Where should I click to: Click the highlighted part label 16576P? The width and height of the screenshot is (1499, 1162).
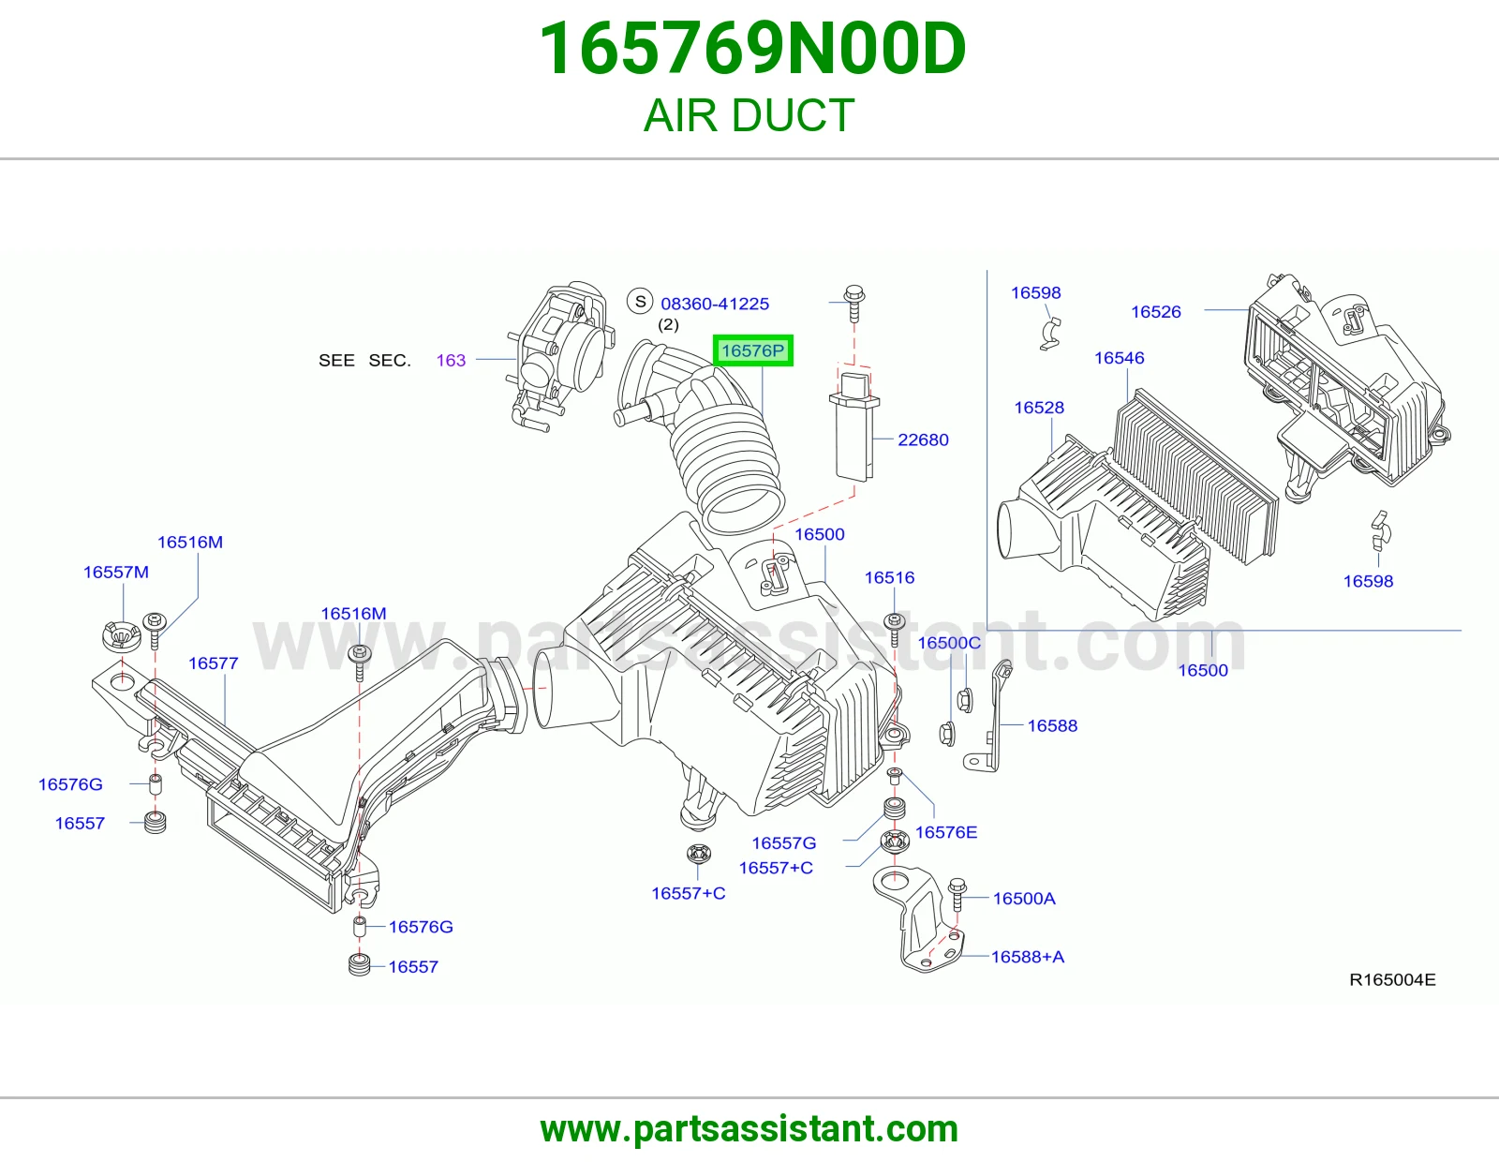[x=752, y=350]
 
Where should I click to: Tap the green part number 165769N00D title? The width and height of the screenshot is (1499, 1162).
[x=751, y=49]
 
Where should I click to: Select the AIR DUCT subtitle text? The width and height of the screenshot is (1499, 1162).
[x=749, y=115]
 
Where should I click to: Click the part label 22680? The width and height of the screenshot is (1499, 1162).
[x=923, y=439]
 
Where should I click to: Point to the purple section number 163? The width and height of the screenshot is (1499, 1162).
[x=451, y=360]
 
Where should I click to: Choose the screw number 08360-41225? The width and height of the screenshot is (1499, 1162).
[x=715, y=304]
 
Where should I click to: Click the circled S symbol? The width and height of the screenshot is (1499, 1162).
[x=641, y=302]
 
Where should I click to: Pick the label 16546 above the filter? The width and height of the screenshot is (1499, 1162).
[x=1119, y=358]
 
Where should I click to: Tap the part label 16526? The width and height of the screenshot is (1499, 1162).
[x=1155, y=312]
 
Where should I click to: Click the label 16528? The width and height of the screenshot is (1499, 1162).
[x=1039, y=408]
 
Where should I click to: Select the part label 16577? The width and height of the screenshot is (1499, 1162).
[x=214, y=663]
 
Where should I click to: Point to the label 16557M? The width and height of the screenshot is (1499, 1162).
[x=116, y=572]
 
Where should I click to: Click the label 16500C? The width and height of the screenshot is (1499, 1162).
[x=948, y=643]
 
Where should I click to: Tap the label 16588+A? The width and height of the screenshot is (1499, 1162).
[x=1027, y=957]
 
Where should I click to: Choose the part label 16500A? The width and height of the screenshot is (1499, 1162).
[x=1024, y=899]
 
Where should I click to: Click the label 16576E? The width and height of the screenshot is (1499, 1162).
[x=945, y=832]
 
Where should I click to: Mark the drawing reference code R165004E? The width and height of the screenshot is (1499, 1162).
[x=1392, y=980]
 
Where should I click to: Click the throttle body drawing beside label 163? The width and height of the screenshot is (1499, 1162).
[x=560, y=355]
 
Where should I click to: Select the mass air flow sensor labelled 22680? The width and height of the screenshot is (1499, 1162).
[x=853, y=425]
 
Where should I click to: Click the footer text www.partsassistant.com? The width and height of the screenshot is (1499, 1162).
[x=749, y=1129]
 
